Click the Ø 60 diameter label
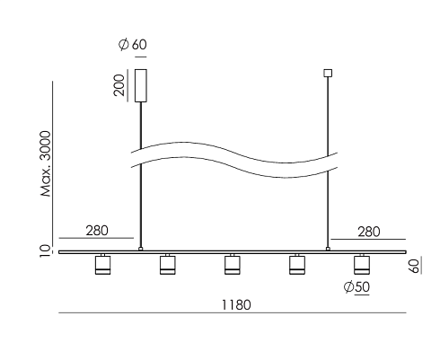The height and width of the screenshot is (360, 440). tap(132, 45)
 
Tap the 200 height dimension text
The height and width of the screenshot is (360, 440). tap(119, 85)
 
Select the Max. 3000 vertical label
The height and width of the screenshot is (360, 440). tap(46, 163)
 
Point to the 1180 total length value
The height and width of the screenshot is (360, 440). tap(236, 305)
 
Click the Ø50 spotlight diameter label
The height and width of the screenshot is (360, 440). tap(356, 287)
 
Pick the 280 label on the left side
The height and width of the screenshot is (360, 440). tap(97, 231)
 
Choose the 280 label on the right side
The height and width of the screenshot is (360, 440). tap(369, 232)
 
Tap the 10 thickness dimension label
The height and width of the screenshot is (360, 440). tap(45, 250)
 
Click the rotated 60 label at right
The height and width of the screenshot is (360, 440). tap(414, 266)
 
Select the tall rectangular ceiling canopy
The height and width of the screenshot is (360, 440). tap(141, 85)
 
